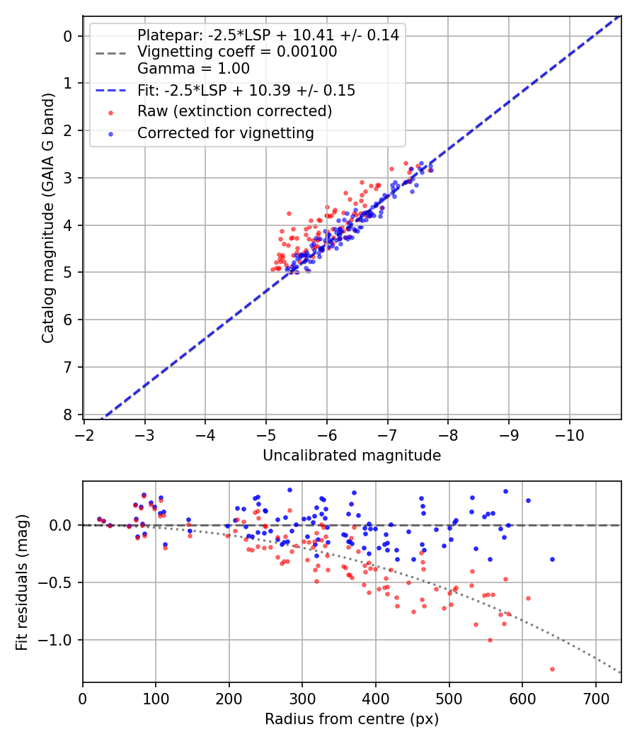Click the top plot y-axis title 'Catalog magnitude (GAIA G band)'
48,218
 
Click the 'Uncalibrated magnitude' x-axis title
352,456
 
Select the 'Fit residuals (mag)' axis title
22,582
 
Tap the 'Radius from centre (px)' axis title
352,719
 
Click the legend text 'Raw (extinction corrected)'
234,111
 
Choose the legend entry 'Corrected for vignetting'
226,133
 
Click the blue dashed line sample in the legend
110,90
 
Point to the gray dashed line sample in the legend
110,52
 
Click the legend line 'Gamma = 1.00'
193,68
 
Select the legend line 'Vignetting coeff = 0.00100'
237,52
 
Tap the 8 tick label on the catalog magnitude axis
68,415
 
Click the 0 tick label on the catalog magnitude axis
68,37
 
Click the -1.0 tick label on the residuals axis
55,640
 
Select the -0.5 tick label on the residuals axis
55,582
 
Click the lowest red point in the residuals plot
552,670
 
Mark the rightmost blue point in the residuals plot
552,560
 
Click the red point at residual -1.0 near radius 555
490,640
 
